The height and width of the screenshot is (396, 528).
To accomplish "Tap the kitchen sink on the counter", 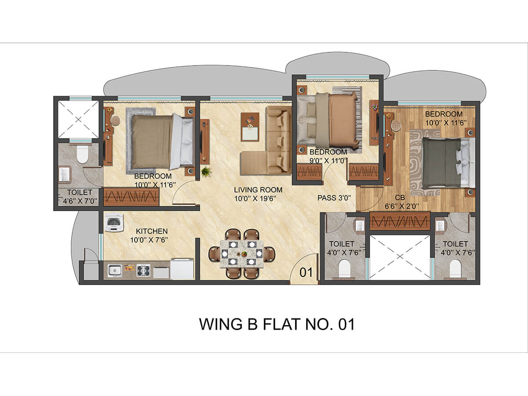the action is [x=114, y=271].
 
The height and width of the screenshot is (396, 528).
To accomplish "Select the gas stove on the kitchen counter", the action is [x=143, y=270].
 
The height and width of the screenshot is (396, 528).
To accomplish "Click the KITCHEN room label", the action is [x=152, y=231].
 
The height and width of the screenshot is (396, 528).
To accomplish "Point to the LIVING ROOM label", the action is [x=258, y=190].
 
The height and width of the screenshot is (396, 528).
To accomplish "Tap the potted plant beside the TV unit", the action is [x=206, y=172].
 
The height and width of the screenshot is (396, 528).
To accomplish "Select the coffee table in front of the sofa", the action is [x=250, y=127].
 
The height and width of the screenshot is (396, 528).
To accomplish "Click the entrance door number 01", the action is [x=306, y=272].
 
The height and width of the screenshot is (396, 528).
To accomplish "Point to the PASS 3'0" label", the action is [x=334, y=198].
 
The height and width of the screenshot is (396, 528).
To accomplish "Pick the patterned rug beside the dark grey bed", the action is [x=425, y=163].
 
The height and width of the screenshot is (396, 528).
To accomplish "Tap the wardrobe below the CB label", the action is [x=400, y=220].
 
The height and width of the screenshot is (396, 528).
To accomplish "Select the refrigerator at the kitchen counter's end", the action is [x=182, y=268].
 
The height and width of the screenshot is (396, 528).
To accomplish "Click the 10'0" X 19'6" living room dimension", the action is [x=255, y=198].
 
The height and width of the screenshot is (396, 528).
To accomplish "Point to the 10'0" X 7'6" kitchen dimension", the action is [x=149, y=240].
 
